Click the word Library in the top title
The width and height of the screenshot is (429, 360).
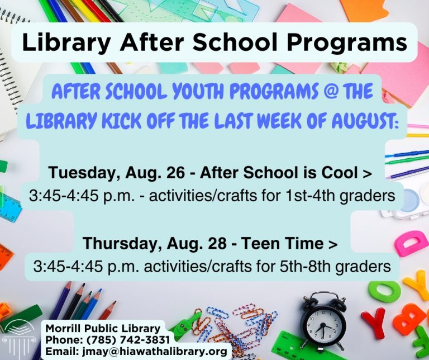click(66, 42)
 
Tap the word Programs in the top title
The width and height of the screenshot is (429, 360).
click(347, 43)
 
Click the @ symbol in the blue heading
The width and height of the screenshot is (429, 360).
click(331, 91)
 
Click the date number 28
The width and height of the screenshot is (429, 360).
click(217, 243)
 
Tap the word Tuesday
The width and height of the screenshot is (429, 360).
click(84, 173)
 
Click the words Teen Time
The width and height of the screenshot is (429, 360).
click(282, 243)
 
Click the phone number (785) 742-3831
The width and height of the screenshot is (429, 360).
click(128, 340)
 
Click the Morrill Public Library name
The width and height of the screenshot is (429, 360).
click(103, 328)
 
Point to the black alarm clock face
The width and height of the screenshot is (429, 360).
click(323, 325)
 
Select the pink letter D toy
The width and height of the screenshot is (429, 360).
click(411, 243)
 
